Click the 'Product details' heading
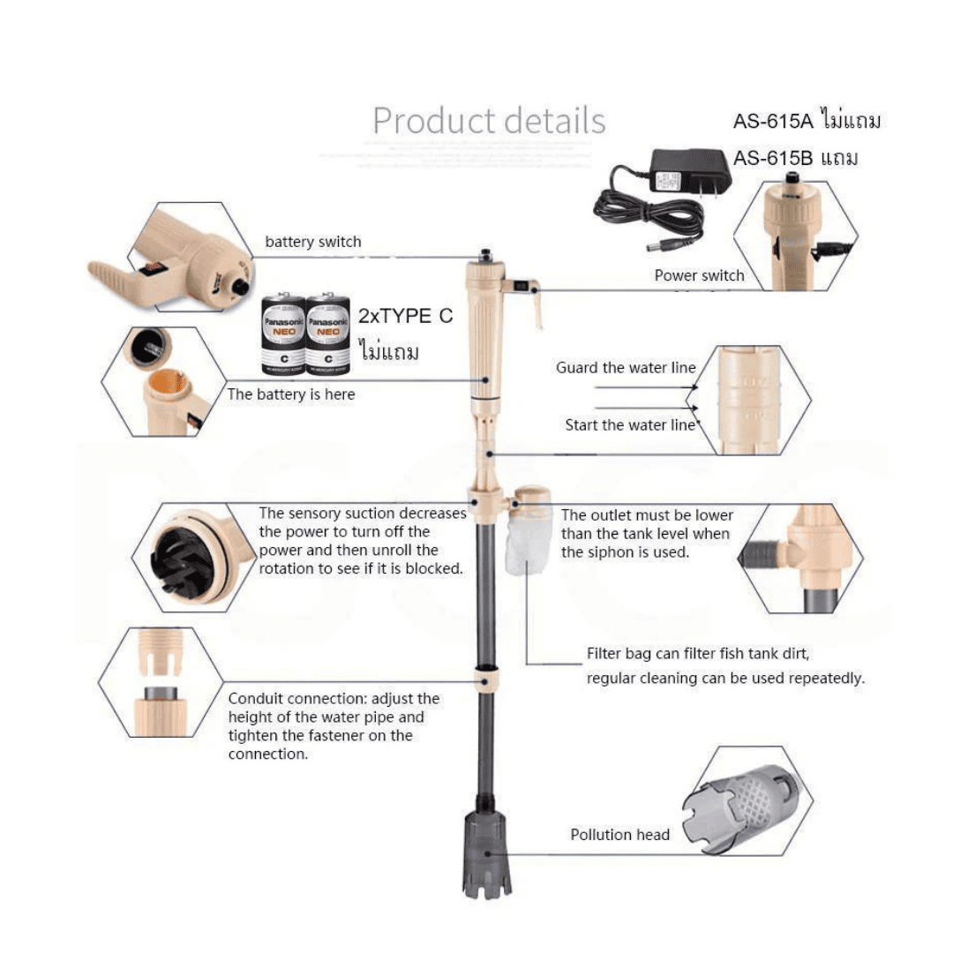pos(489,120)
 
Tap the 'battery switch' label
pos(313,242)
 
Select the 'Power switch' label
pos(699,275)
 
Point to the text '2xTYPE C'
pos(405,316)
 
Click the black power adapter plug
pos(691,173)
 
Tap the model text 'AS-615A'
pos(772,122)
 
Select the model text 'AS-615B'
pos(772,159)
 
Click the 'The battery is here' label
pos(291,394)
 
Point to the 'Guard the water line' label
pos(626,368)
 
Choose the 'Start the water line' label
pos(630,424)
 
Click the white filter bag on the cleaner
pos(528,541)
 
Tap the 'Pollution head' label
pos(620,835)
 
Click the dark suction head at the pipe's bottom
pos(487,854)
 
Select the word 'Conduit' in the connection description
pos(257,699)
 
